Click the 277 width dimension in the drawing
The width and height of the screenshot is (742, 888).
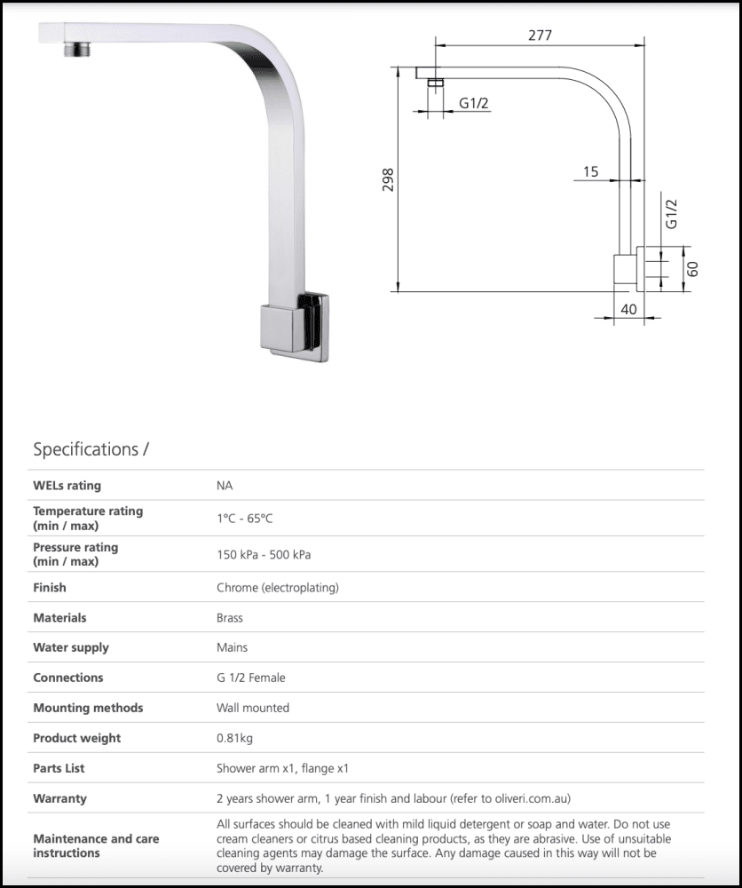(540, 36)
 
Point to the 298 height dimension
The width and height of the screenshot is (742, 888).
(388, 180)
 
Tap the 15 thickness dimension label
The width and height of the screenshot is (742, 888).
(591, 171)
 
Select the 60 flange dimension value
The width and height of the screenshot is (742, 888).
(693, 267)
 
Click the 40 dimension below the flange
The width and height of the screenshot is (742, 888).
(628, 310)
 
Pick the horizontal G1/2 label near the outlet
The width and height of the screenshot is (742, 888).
(474, 104)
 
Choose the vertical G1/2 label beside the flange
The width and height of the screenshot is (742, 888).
(672, 214)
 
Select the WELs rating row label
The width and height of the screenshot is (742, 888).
(67, 486)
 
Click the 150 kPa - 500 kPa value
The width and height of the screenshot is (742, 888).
(264, 555)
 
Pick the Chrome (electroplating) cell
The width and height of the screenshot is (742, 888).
(278, 588)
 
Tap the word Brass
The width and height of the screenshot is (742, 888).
(230, 618)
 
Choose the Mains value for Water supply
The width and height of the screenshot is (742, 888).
(233, 648)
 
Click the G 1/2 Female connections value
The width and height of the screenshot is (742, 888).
(251, 678)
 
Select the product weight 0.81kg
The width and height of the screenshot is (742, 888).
(235, 738)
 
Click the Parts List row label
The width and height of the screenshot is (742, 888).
(59, 768)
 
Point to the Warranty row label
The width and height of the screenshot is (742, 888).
(60, 798)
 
